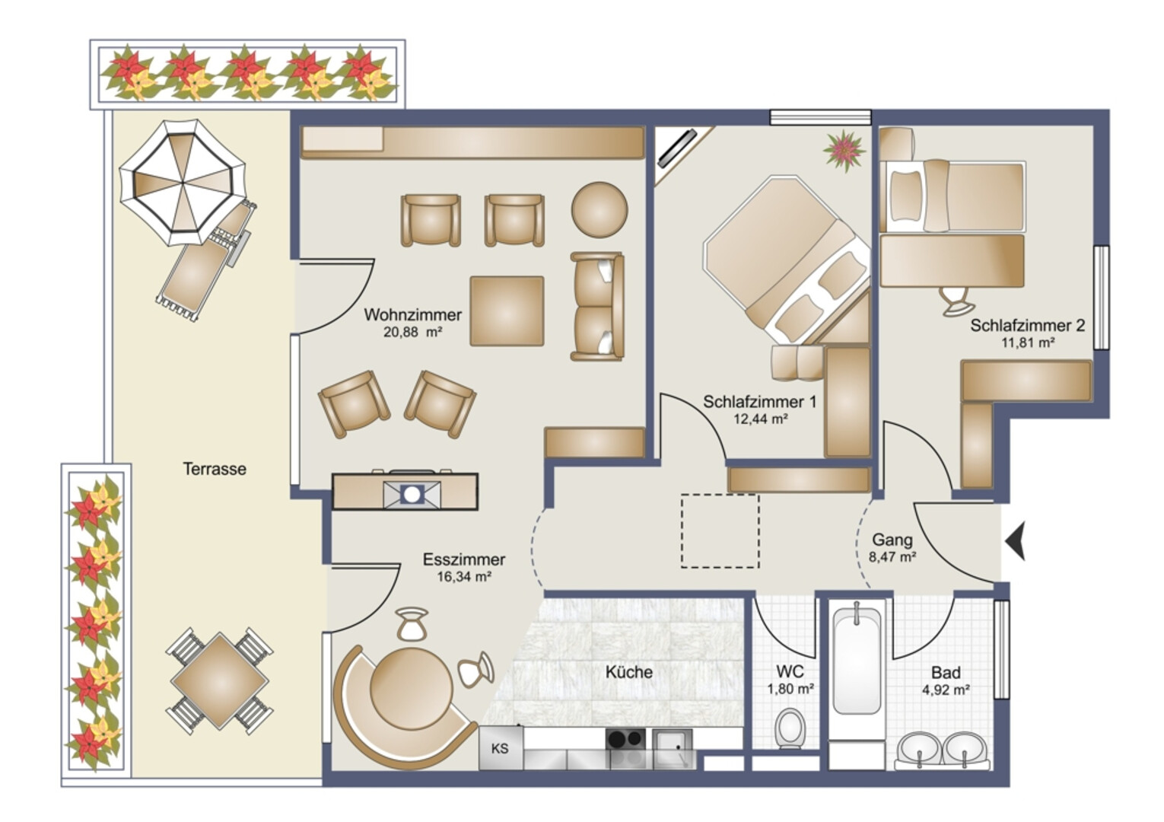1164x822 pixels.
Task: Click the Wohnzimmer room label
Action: (412, 314)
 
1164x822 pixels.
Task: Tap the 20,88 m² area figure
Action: (412, 333)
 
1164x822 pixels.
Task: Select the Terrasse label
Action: (215, 469)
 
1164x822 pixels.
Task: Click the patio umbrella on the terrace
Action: (183, 183)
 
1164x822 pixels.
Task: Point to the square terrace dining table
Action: (220, 680)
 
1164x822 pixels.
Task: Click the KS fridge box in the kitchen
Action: (501, 748)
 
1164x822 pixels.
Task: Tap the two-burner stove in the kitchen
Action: (625, 739)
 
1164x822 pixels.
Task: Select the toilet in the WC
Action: (790, 728)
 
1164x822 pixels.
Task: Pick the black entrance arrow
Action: (1015, 541)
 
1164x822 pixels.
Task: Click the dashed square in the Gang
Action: (720, 530)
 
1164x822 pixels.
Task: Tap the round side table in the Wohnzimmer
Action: (599, 210)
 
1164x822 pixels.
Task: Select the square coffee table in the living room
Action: (507, 311)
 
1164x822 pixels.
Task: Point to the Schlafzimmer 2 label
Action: (1028, 326)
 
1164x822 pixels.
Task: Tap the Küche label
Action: (628, 672)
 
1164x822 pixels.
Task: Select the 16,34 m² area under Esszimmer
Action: (464, 577)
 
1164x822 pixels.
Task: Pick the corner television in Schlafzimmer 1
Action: (677, 148)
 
